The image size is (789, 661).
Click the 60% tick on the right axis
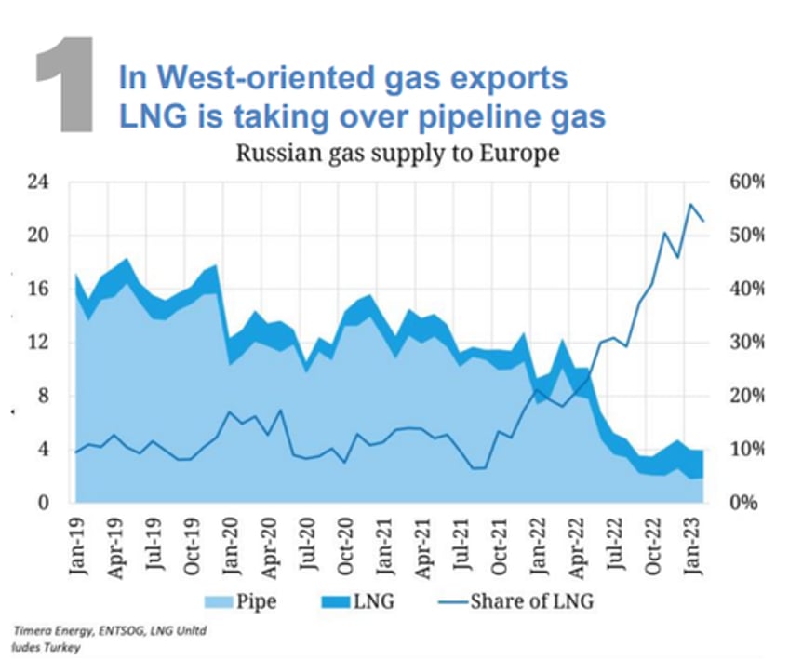pyautogui.click(x=744, y=182)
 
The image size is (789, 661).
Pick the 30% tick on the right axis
pyautogui.click(x=744, y=343)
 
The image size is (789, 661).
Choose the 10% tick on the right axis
pyautogui.click(x=744, y=450)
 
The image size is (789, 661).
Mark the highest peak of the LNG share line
pyautogui.click(x=689, y=204)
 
